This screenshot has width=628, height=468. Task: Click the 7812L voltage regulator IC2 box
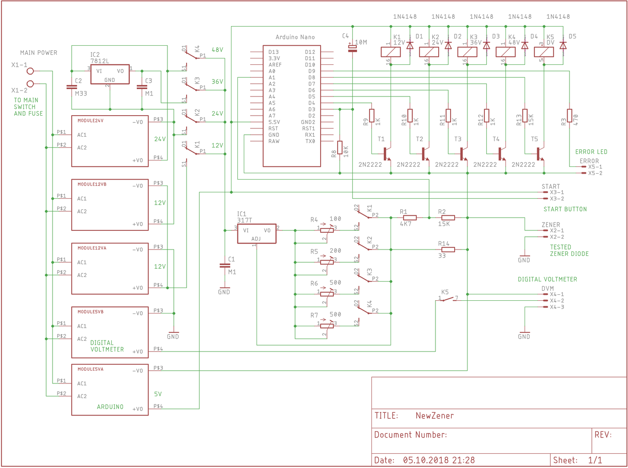110,74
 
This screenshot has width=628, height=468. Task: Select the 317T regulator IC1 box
257,234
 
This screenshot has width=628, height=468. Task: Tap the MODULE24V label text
91,121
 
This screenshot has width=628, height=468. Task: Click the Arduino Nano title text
295,37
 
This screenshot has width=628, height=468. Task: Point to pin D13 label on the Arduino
274,52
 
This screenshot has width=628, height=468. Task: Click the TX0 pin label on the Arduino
310,141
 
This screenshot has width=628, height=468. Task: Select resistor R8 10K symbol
340,149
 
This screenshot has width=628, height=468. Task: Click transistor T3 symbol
463,154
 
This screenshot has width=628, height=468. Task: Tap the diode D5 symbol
563,46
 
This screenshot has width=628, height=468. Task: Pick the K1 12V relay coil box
391,52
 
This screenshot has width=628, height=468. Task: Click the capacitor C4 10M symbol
352,48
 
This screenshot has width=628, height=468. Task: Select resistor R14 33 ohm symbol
448,250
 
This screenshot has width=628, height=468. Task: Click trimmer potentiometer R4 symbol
327,230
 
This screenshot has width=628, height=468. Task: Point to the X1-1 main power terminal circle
30,71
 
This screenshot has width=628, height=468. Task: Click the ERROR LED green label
591,152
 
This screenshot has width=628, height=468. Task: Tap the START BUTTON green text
565,209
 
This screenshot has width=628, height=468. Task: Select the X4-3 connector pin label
557,307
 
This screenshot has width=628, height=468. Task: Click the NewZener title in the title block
435,415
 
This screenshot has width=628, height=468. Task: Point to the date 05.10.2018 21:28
439,460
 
